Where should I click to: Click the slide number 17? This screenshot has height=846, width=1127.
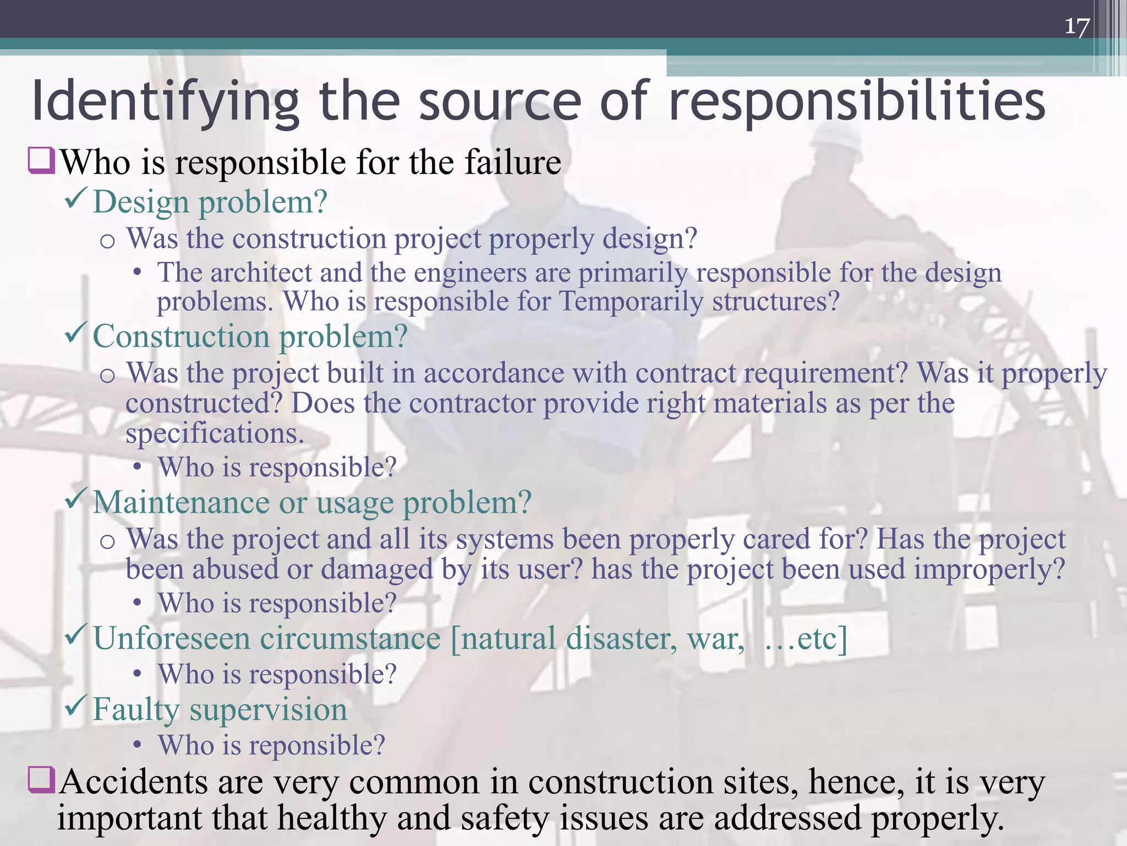point(1077,26)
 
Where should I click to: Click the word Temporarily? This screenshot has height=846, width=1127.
point(631,302)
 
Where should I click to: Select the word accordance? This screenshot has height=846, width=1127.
point(494,373)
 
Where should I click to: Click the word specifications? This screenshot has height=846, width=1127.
point(215,433)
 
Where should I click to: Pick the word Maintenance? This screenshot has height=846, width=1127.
point(182,502)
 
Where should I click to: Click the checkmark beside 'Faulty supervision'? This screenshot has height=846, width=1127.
point(75,705)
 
